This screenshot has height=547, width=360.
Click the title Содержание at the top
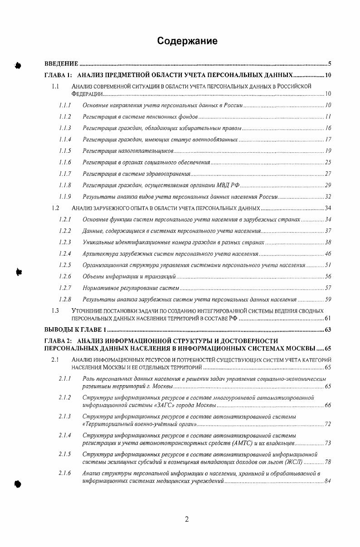187,41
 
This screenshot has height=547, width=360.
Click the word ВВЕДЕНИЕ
61,63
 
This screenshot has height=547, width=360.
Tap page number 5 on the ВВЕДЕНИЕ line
330,63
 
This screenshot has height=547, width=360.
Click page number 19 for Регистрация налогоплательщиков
328,150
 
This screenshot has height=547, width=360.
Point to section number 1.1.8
65,185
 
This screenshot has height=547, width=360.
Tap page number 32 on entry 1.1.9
328,197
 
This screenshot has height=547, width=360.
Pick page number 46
328,253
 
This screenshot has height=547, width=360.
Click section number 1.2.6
65,276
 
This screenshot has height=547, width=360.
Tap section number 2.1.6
65,474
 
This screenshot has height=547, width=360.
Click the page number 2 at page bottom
186,519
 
